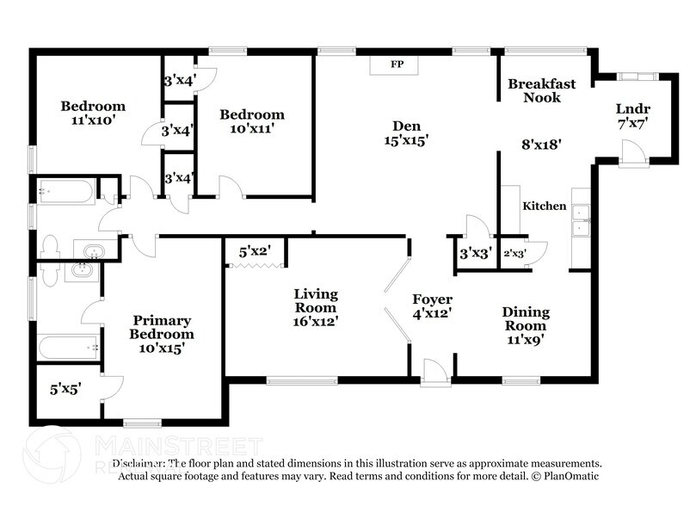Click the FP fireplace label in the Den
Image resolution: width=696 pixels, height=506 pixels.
[x=397, y=65]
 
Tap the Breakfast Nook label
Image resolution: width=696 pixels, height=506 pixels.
[x=541, y=90]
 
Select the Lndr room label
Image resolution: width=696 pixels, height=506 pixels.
[x=632, y=108]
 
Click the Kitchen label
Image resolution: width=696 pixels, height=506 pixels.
[x=545, y=206]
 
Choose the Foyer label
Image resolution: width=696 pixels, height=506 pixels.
[x=433, y=299]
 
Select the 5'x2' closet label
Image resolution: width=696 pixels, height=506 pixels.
[x=255, y=252]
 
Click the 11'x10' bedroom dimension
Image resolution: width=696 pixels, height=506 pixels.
[x=93, y=120]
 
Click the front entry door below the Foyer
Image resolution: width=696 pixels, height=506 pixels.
[x=434, y=372]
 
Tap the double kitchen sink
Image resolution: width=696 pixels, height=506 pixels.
[x=582, y=219]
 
